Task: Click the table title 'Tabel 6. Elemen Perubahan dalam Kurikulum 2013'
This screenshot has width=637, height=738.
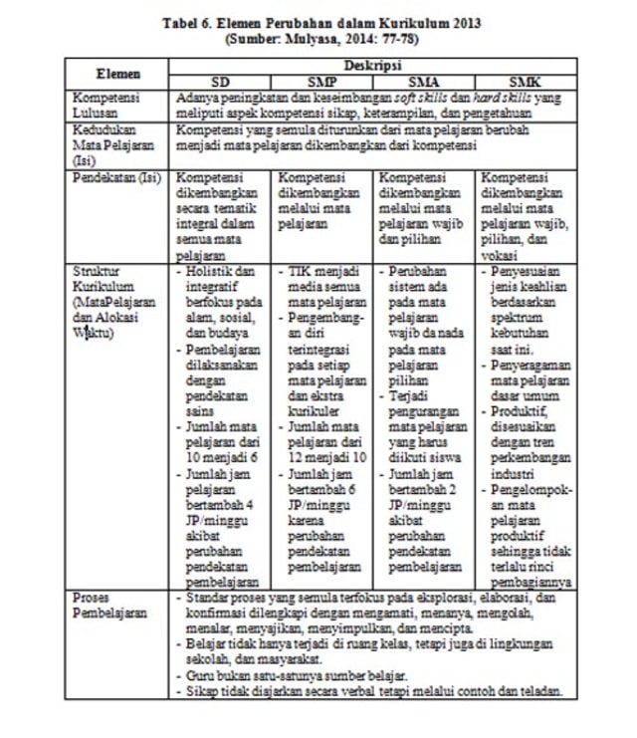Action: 318,21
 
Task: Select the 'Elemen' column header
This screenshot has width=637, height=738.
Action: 117,74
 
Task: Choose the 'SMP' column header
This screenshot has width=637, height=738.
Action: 322,82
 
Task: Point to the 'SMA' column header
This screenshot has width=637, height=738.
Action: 424,82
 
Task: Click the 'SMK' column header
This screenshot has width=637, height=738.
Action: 525,82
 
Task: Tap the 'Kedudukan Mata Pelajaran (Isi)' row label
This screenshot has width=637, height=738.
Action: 107,144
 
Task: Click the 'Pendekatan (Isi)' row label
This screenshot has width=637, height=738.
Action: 111,177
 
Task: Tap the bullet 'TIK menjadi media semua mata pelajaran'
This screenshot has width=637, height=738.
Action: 322,286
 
